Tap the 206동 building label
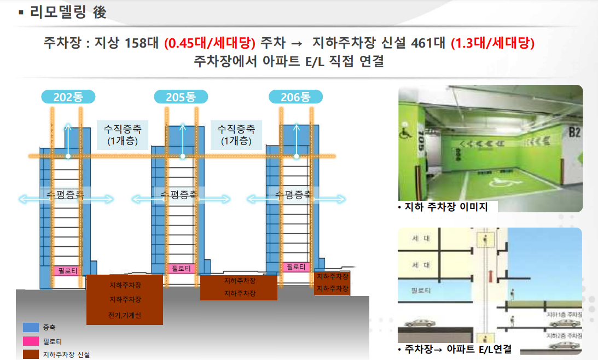click(295, 97)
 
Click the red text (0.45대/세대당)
click(210, 43)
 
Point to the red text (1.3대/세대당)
click(492, 43)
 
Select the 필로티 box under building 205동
click(181, 268)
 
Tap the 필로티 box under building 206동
click(295, 266)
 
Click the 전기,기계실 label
click(125, 315)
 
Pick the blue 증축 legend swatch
click(31, 327)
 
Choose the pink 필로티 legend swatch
click(31, 341)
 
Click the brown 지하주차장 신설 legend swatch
click(31, 355)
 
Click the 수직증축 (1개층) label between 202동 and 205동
click(123, 135)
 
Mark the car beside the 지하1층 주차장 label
click(564, 322)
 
